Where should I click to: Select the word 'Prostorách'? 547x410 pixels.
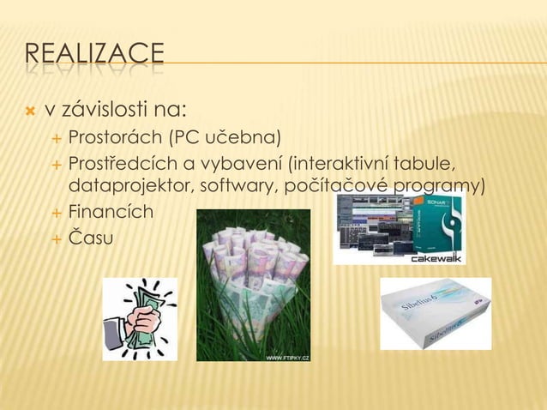point(115,137)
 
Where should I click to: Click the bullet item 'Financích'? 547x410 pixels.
point(111,210)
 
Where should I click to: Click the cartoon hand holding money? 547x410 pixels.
point(140,318)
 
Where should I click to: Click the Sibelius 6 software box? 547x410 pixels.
point(436,313)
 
